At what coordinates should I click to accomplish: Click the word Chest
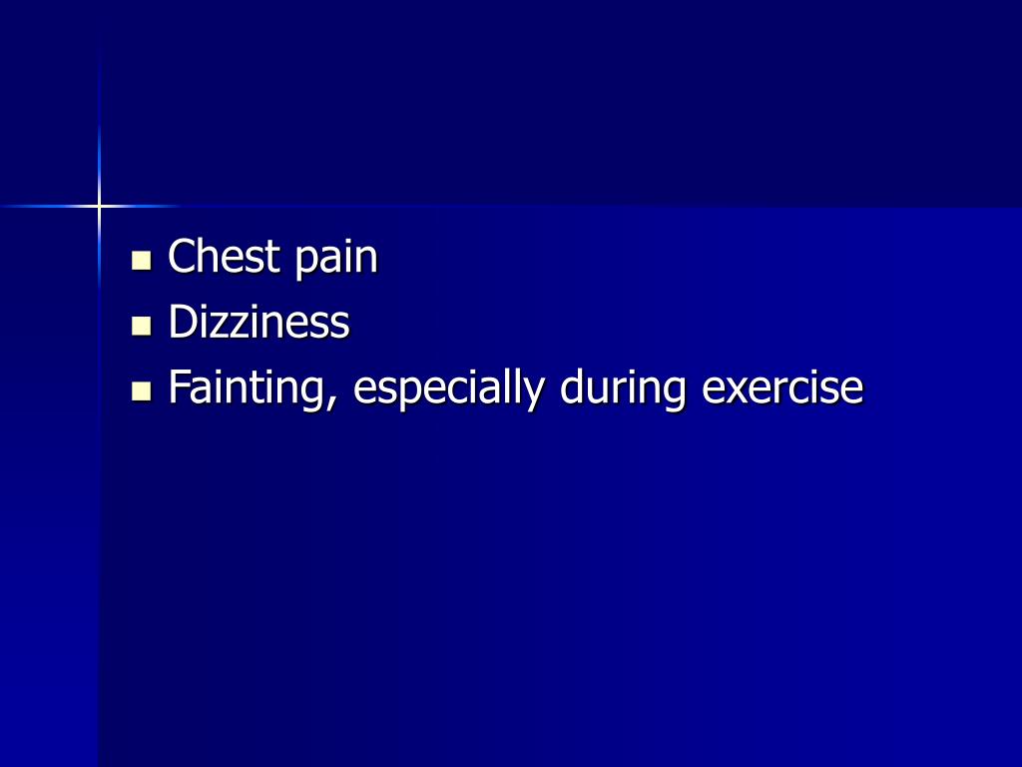tap(225, 257)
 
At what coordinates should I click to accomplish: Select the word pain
tap(336, 260)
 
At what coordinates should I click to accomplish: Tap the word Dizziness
tap(258, 323)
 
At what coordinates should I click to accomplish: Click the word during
tap(623, 390)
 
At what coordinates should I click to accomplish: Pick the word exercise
tap(781, 388)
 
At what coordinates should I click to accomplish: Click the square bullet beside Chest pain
tap(142, 262)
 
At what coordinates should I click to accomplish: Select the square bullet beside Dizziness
tap(142, 327)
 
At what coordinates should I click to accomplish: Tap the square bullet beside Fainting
tap(142, 391)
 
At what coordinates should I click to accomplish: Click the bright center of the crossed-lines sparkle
tap(99, 206)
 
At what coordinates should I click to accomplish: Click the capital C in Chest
tap(181, 257)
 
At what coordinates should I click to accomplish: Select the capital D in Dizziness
tap(182, 323)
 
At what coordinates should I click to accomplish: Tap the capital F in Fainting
tap(178, 387)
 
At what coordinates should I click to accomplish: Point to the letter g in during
tap(674, 394)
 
